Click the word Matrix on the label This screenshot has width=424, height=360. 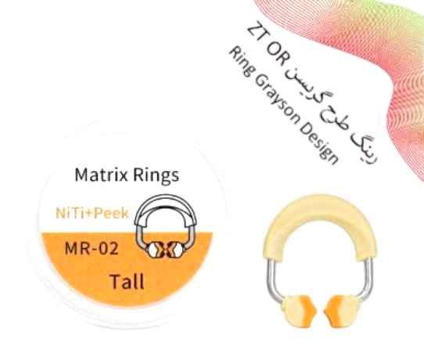coord(101,175)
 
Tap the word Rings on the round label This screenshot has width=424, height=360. coord(156,176)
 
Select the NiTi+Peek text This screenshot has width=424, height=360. coord(92,213)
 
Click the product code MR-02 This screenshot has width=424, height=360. coord(92,248)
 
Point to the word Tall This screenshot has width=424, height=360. coord(127,282)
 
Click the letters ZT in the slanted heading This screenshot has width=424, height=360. coord(256,34)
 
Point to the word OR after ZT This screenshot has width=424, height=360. coord(278,56)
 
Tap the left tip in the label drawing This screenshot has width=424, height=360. coord(153,249)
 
